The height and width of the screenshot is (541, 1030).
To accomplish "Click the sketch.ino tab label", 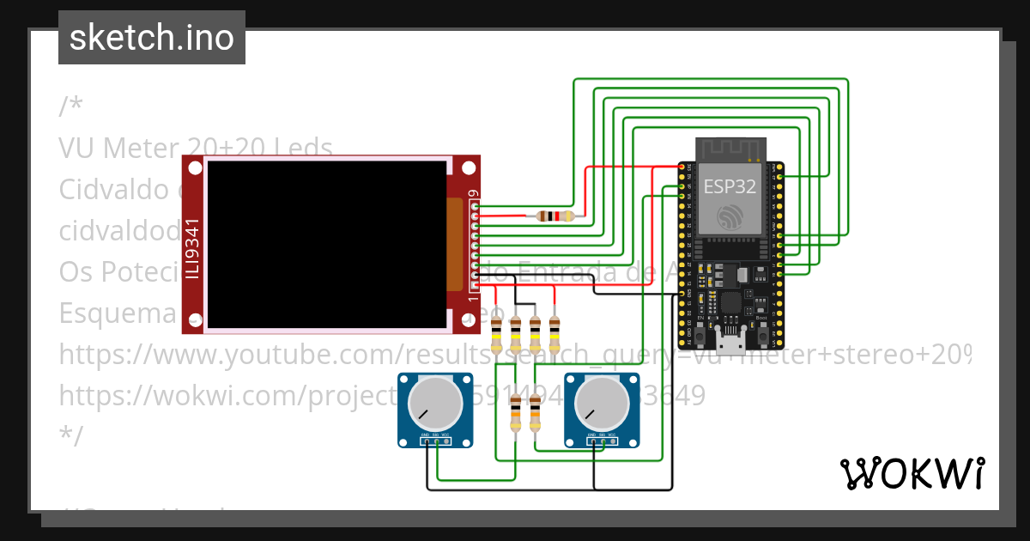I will pyautogui.click(x=152, y=38).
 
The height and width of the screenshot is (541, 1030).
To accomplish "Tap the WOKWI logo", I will pyautogui.click(x=912, y=474).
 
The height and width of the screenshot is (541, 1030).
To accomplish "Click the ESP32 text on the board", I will pyautogui.click(x=730, y=186).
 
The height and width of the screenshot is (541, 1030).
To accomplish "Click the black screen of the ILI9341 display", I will pyautogui.click(x=326, y=245).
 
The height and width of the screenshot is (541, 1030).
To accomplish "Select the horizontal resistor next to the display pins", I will pyautogui.click(x=555, y=216).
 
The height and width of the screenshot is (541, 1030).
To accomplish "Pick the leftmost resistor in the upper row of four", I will pyautogui.click(x=497, y=333).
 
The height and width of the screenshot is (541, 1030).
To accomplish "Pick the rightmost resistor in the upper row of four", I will pyautogui.click(x=554, y=333).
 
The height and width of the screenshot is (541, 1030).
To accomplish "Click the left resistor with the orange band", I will pyautogui.click(x=515, y=416).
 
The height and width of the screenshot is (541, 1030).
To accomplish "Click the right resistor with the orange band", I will pyautogui.click(x=535, y=416).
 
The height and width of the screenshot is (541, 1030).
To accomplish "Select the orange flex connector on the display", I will pyautogui.click(x=455, y=245).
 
